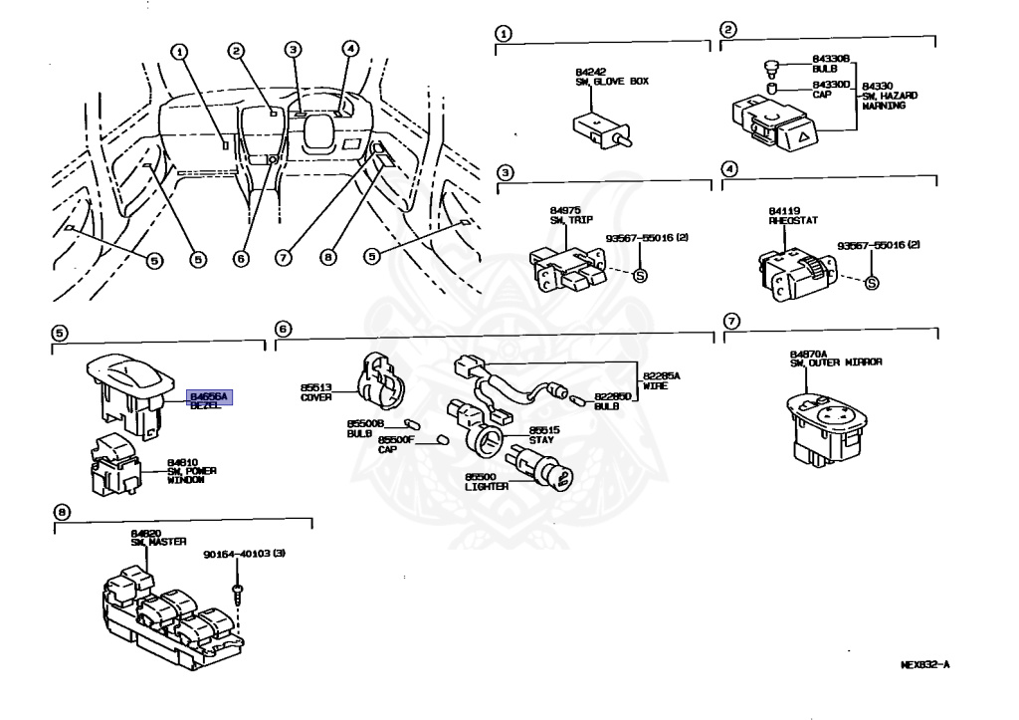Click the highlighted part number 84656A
pyautogui.click(x=209, y=396)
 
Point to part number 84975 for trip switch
pyautogui.click(x=563, y=212)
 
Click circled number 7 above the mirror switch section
pyautogui.click(x=731, y=321)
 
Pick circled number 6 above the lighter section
pyautogui.click(x=283, y=329)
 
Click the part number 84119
pyautogui.click(x=781, y=212)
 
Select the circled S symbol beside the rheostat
pyautogui.click(x=872, y=283)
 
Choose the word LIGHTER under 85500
pyautogui.click(x=487, y=486)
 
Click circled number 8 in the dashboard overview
pyautogui.click(x=327, y=256)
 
